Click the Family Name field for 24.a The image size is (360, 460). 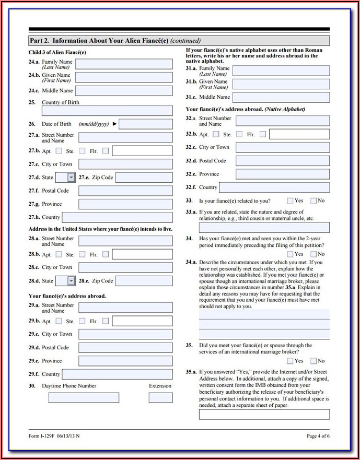click(124, 64)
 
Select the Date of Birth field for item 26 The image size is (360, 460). click(146, 124)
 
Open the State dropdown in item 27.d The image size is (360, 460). click(71, 178)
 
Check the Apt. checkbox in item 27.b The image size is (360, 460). click(59, 151)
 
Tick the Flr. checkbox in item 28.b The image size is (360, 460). click(106, 254)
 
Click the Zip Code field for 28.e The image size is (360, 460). click(144, 281)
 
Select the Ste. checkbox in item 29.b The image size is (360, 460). click(82, 321)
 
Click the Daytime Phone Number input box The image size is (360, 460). click(84, 397)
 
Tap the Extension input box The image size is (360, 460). click(160, 397)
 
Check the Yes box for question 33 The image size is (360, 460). click(290, 200)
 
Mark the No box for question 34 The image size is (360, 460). click(313, 254)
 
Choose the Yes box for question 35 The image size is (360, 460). click(290, 361)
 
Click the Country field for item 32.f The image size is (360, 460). click(275, 187)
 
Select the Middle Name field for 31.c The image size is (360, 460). click(281, 97)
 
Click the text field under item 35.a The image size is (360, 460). click(264, 414)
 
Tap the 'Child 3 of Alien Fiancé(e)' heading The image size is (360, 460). click(57, 53)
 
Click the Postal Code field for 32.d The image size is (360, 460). click(283, 161)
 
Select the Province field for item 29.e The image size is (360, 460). click(125, 361)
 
